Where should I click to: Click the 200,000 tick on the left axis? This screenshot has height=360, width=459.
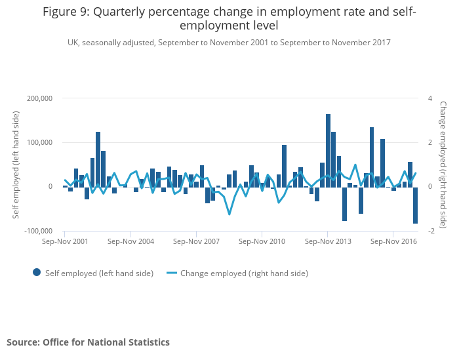click(39, 98)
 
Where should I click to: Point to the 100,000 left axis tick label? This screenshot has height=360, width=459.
click(39, 142)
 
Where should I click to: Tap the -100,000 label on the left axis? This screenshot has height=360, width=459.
click(37, 231)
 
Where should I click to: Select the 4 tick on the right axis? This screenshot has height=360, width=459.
click(430, 98)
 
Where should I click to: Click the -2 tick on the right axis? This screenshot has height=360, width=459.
click(431, 231)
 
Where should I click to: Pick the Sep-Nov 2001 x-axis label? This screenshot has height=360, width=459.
click(65, 241)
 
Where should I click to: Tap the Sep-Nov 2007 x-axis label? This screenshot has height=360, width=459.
click(196, 241)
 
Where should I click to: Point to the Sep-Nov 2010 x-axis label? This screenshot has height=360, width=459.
click(262, 241)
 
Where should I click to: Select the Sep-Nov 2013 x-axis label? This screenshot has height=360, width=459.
click(327, 241)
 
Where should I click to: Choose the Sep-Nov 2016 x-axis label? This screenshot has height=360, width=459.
click(393, 241)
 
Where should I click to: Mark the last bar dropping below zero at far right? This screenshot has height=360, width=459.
click(415, 205)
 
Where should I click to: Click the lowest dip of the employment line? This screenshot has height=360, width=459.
click(229, 214)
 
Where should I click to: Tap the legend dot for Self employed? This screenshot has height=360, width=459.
click(36, 273)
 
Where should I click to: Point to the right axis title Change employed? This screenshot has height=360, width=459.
click(443, 164)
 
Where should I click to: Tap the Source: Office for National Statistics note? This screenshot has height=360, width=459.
click(88, 342)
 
